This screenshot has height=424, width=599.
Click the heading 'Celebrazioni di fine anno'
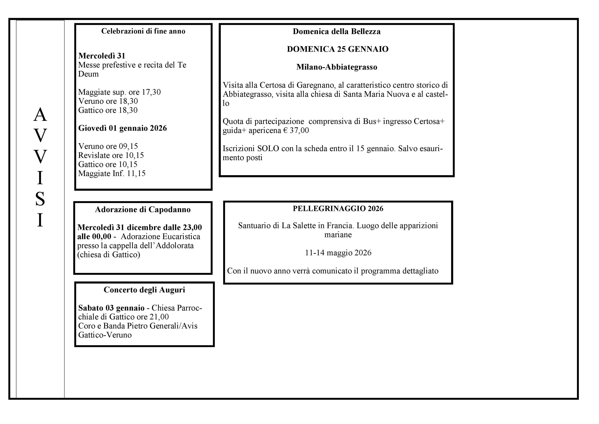click(143, 31)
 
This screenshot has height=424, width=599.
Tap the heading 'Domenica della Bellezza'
click(336, 32)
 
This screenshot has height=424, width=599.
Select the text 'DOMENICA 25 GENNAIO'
click(338, 49)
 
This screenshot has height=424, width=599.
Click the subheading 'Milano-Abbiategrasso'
click(336, 67)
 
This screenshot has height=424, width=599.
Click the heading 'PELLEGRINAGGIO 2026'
click(338, 209)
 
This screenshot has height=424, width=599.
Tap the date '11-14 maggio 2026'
click(338, 253)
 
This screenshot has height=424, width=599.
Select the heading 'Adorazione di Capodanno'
click(143, 210)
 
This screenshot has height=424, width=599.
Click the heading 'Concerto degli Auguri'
click(144, 290)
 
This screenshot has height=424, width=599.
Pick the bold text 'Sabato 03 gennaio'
click(111, 308)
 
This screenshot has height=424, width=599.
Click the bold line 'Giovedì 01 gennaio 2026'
click(122, 128)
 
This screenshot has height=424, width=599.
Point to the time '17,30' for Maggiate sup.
click(151, 92)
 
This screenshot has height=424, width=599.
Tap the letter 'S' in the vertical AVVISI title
click(40, 199)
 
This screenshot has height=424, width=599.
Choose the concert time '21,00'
click(159, 317)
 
